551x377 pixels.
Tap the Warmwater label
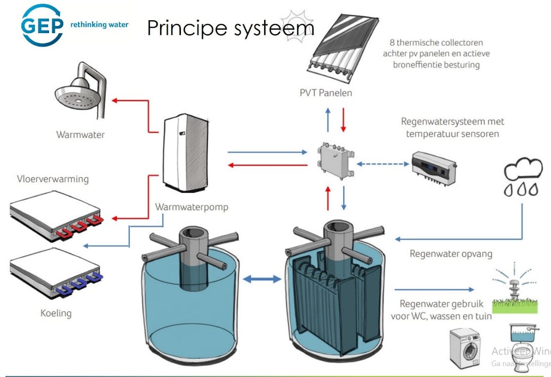[x=81, y=135]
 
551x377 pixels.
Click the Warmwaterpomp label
[x=192, y=207]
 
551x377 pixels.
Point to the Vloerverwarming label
[x=53, y=179]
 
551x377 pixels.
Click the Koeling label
[x=56, y=313]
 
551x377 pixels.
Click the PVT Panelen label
[x=326, y=93]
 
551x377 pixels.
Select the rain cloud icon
[x=523, y=177]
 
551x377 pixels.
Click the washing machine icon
[x=465, y=349]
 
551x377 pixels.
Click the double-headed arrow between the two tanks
[x=262, y=279]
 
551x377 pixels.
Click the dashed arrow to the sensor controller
[x=383, y=164]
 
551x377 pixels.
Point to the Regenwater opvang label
[x=451, y=254]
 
